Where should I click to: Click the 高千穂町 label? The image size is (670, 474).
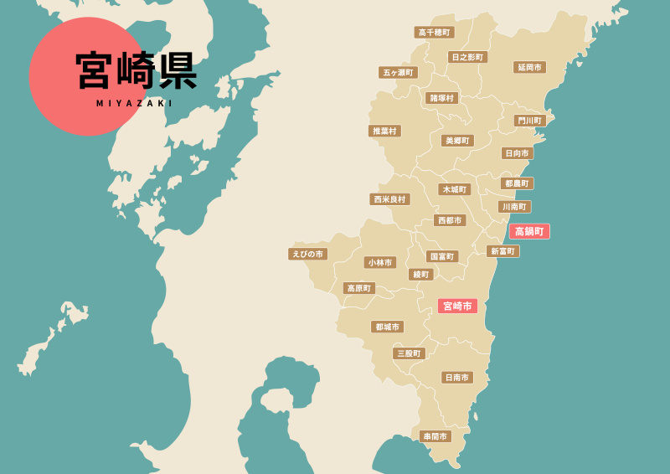[x=434, y=32]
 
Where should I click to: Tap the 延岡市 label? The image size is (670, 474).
[x=529, y=67]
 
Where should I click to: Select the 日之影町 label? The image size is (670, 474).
[x=466, y=57]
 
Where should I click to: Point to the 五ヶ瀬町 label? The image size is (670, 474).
[x=398, y=73]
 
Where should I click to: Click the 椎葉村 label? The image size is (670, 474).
[x=384, y=131]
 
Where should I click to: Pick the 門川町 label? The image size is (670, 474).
[x=530, y=121]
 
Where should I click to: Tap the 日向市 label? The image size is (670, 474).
[x=517, y=153]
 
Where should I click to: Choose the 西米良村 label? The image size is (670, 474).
[x=389, y=199]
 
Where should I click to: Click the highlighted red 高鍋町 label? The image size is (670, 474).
[x=529, y=231]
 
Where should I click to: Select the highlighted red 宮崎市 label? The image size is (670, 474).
[x=457, y=306]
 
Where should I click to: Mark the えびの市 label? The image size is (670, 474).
[x=307, y=254]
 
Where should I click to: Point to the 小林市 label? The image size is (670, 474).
[x=380, y=262]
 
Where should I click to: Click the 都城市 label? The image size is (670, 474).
[x=387, y=327]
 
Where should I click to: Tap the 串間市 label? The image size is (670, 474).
[x=435, y=436]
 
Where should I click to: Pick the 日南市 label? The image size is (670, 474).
[x=457, y=378]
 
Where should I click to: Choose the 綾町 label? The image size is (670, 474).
[x=420, y=275]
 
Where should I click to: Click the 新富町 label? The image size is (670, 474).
[x=502, y=251]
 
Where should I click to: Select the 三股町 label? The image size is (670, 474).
[x=409, y=353]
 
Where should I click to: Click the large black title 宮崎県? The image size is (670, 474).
[x=136, y=70]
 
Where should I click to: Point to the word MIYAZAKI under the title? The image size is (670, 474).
[x=135, y=104]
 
